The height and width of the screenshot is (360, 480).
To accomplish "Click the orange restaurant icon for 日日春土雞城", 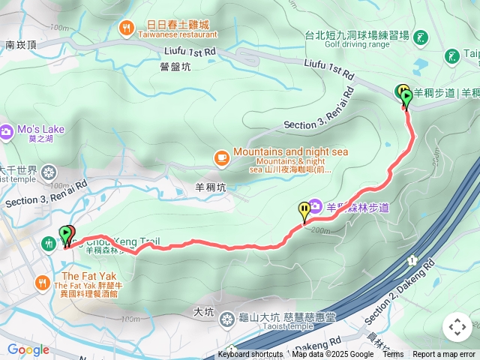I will pyautogui.click(x=126, y=28).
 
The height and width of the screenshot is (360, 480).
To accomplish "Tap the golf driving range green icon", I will pyautogui.click(x=421, y=36).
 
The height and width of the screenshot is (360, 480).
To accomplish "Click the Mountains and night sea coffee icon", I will pyautogui.click(x=221, y=157).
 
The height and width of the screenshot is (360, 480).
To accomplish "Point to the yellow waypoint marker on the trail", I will pyautogui.click(x=304, y=211).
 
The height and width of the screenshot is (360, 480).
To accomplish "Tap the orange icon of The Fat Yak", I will pyautogui.click(x=42, y=282).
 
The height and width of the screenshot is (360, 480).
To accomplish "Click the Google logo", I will pyautogui.click(x=28, y=349).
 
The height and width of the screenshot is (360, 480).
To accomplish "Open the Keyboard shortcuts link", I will pyautogui.click(x=250, y=355).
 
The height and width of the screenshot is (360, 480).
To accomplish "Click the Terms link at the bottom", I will pyautogui.click(x=393, y=355).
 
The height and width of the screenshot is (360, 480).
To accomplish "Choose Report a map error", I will pyautogui.click(x=444, y=355).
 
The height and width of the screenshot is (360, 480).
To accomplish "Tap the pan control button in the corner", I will pyautogui.click(x=457, y=327).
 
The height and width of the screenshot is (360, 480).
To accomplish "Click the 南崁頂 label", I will pyautogui.click(x=20, y=45).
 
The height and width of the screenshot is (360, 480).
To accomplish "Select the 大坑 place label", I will pyautogui.click(x=203, y=310).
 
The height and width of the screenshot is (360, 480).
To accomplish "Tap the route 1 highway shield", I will pyautogui.click(x=412, y=259).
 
